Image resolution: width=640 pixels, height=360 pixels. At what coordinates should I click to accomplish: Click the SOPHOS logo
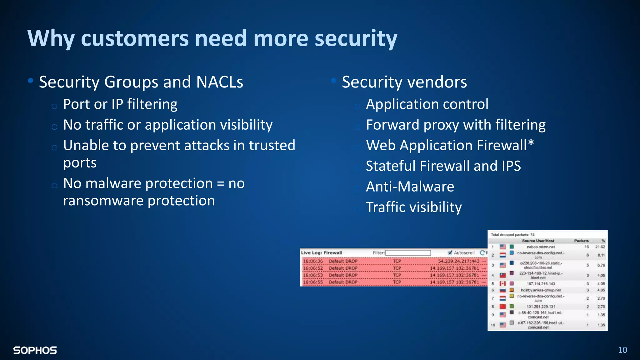tap(35, 350)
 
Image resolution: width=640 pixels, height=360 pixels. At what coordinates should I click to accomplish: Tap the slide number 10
tap(622, 350)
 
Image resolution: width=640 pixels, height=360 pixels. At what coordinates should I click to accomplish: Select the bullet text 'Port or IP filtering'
tap(120, 104)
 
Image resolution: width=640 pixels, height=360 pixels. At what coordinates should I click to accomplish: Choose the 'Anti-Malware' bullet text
tap(410, 187)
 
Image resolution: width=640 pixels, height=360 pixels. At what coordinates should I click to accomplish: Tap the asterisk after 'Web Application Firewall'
tap(531, 144)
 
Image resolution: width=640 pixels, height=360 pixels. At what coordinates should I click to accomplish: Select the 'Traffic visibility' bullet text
tap(413, 207)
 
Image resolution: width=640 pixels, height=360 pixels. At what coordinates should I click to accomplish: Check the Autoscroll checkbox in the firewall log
tap(450, 252)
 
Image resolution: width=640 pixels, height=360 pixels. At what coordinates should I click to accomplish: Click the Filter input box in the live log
tap(408, 252)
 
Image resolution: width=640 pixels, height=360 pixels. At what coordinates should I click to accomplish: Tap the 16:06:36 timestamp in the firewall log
tap(313, 261)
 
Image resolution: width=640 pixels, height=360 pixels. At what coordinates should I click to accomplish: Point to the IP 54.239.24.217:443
tap(458, 261)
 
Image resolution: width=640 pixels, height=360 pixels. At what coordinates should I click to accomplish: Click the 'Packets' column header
tap(581, 241)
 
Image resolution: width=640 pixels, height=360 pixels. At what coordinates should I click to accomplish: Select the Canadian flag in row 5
tap(502, 284)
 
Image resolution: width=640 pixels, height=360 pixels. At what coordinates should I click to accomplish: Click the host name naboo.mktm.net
tap(541, 247)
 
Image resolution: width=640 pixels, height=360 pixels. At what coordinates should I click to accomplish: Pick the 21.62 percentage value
tap(600, 247)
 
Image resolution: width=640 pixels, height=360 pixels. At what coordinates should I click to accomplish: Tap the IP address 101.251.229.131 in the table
tap(541, 307)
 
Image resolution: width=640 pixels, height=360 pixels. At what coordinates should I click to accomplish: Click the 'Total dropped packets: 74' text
tap(512, 235)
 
